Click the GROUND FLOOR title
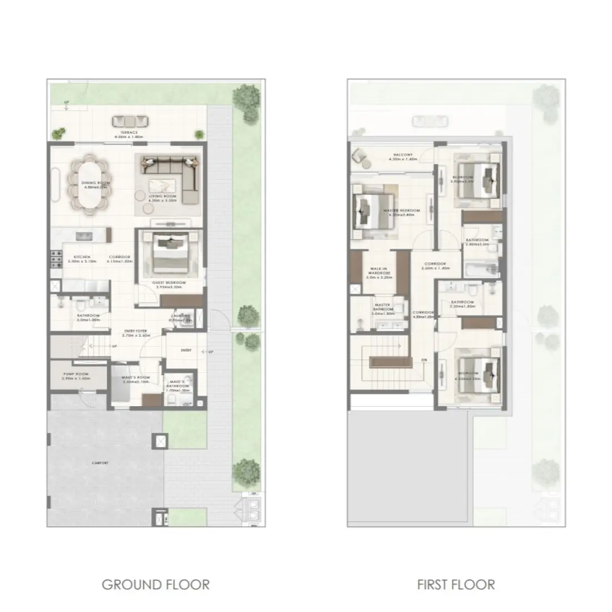pyautogui.click(x=155, y=584)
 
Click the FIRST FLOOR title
pyautogui.click(x=456, y=584)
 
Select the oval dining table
pyautogui.click(x=89, y=183)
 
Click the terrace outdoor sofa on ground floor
pyautogui.click(x=130, y=121)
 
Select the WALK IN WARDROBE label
pyautogui.click(x=379, y=273)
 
